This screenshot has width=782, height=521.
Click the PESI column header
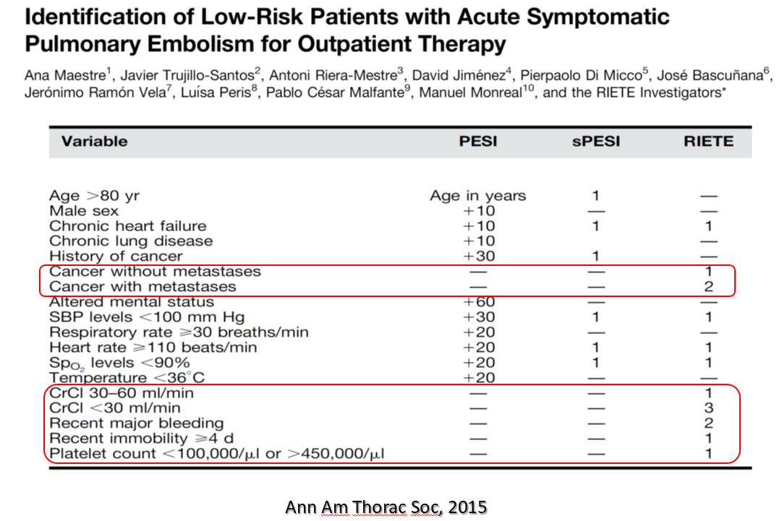point(477,142)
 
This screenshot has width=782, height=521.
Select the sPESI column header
point(596,142)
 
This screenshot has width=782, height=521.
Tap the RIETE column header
point(708,142)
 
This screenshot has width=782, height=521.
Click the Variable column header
point(94,142)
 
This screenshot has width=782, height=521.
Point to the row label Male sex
point(84,211)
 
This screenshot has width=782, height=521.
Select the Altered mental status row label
point(132,302)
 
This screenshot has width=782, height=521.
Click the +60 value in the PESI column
point(479,302)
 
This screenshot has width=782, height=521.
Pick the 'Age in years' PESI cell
point(477,196)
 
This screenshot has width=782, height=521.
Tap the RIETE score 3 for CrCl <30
point(709,408)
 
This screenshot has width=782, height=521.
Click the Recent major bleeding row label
point(136,423)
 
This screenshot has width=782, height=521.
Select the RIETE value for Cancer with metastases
point(709,286)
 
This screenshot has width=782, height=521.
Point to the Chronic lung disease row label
point(131,241)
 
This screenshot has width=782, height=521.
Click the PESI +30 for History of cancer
point(479,256)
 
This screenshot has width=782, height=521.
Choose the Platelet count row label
point(217,454)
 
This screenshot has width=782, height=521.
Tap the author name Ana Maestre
point(65,75)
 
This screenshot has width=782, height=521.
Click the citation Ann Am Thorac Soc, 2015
point(386,507)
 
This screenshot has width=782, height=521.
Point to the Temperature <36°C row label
point(127,377)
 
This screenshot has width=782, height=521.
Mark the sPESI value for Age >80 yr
point(595,196)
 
